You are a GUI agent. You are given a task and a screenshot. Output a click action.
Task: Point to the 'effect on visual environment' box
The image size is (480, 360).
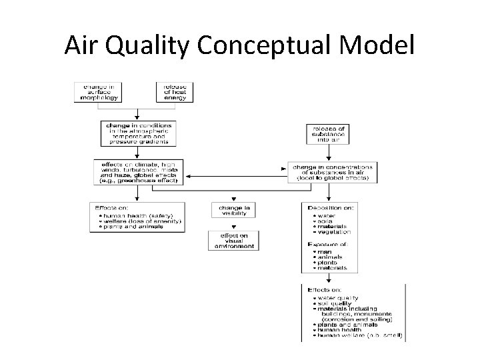pos(233,240)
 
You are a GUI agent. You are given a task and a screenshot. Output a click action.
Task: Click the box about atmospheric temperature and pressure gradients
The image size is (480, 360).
pos(138,133)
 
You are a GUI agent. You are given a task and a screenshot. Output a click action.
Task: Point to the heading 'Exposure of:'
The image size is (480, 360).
pos(329,245)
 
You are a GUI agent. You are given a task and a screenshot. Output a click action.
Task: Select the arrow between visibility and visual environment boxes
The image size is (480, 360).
pos(233,225)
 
